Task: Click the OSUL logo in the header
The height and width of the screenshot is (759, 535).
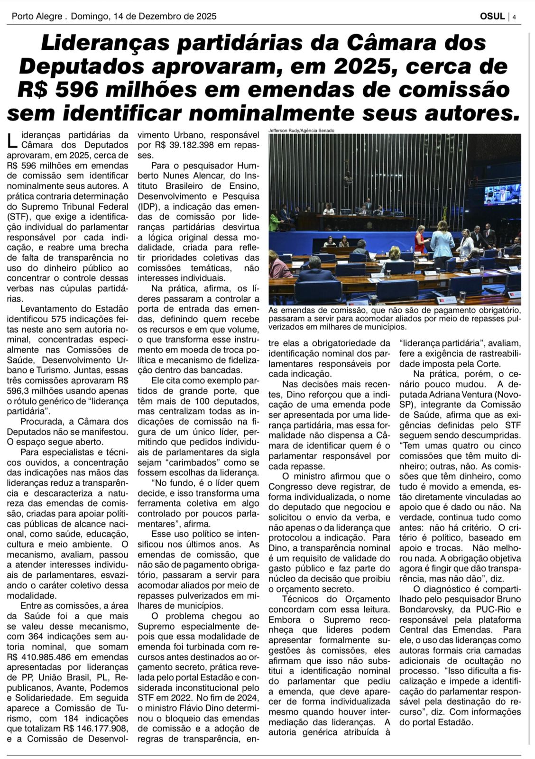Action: pos(492,16)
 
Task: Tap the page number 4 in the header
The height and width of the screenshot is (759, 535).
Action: pos(514,17)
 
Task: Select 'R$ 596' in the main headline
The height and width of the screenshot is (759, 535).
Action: pos(57,90)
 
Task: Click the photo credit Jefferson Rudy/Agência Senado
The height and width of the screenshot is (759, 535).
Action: pos(301,130)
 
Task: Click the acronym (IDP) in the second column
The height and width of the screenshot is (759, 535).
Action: pos(148,206)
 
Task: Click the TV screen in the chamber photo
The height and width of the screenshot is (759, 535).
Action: pos(501,194)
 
